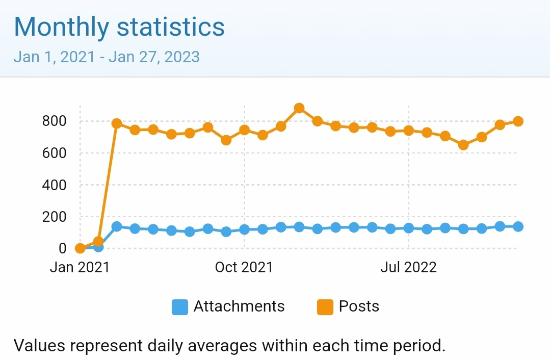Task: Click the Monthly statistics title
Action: pyautogui.click(x=119, y=27)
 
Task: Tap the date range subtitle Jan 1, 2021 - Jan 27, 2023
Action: pyautogui.click(x=107, y=56)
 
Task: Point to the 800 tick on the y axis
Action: pyautogui.click(x=55, y=121)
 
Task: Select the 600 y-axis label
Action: pyautogui.click(x=55, y=153)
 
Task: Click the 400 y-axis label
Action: pyautogui.click(x=55, y=185)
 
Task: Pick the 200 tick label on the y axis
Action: pyautogui.click(x=55, y=217)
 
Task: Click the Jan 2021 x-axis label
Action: pyautogui.click(x=80, y=267)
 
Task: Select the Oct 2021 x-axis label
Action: pyautogui.click(x=244, y=267)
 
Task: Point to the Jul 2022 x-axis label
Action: pyautogui.click(x=408, y=267)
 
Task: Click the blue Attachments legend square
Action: pyautogui.click(x=179, y=307)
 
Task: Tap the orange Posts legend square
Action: pyautogui.click(x=325, y=307)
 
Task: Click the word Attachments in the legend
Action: pyautogui.click(x=239, y=306)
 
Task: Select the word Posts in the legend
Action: pyautogui.click(x=359, y=306)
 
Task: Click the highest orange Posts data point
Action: pyautogui.click(x=299, y=108)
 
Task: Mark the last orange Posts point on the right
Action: pyautogui.click(x=518, y=121)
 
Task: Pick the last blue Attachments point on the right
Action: pyautogui.click(x=518, y=226)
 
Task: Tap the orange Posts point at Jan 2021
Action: pyautogui.click(x=80, y=248)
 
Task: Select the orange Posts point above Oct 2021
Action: pyautogui.click(x=244, y=130)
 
